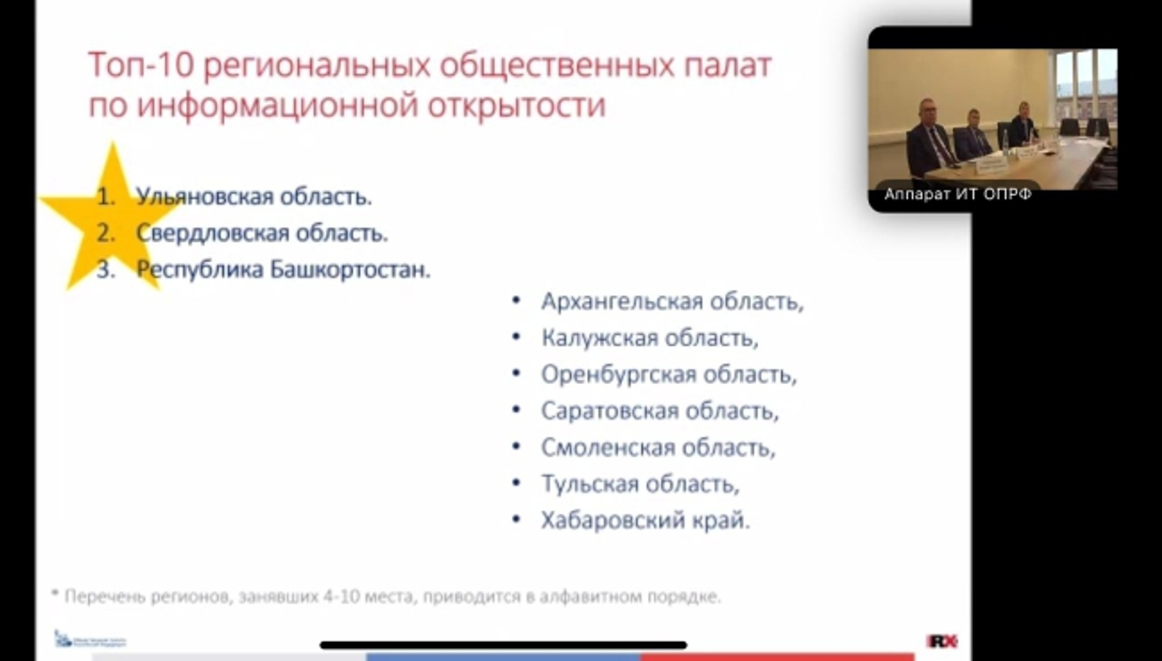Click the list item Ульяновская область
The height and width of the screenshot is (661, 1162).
click(253, 197)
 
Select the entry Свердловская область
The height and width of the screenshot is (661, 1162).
click(261, 233)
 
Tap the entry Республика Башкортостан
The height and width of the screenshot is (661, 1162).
click(283, 269)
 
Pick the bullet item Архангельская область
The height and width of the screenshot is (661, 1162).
click(672, 301)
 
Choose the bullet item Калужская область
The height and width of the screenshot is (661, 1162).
click(649, 338)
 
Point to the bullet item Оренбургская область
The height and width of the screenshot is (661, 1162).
click(668, 375)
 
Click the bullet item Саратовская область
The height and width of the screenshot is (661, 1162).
click(659, 411)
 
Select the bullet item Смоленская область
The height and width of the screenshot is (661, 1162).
click(658, 447)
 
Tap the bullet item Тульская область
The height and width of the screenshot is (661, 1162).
click(640, 484)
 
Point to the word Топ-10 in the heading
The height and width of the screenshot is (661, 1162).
click(141, 65)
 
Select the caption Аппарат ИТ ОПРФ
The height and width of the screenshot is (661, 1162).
click(957, 194)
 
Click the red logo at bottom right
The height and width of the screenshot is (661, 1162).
click(942, 641)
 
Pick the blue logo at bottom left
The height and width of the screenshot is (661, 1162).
click(90, 640)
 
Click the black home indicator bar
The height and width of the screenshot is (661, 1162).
click(503, 645)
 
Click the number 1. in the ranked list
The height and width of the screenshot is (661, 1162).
click(106, 197)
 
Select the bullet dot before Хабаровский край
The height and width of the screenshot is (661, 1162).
click(516, 519)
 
